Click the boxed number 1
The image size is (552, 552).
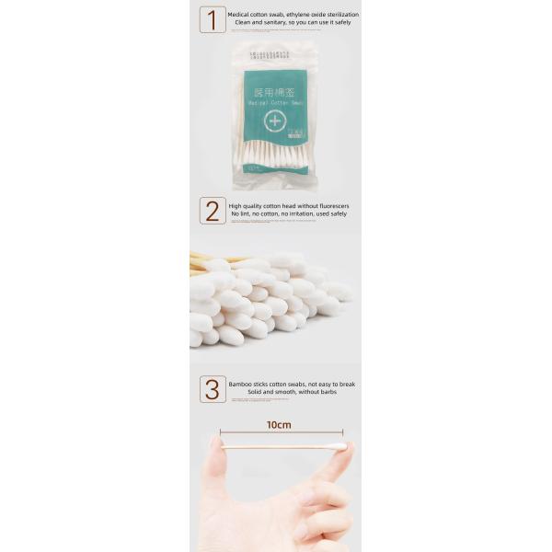pyautogui.click(x=213, y=20)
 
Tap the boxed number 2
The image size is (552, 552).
pyautogui.click(x=213, y=211)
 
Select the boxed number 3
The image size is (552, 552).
pyautogui.click(x=213, y=388)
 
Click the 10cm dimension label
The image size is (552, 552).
pyautogui.click(x=279, y=424)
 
